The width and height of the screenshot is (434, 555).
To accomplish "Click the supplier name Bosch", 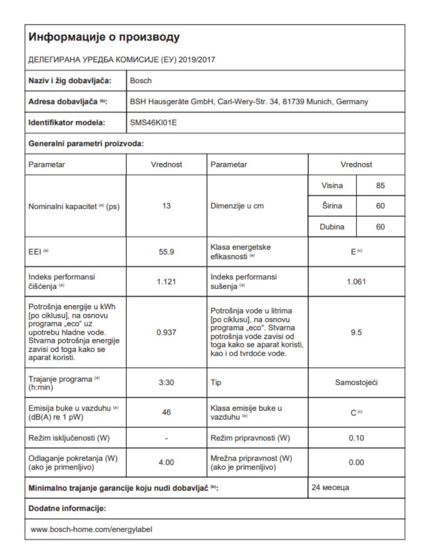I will click(139, 80).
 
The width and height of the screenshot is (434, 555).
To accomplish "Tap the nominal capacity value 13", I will click(167, 206).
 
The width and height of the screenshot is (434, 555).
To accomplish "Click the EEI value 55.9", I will click(167, 251).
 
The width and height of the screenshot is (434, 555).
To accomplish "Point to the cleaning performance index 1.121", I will click(167, 281).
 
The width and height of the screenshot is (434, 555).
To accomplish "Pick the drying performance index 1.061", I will click(356, 281).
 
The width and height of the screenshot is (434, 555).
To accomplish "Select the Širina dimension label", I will click(333, 206).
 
